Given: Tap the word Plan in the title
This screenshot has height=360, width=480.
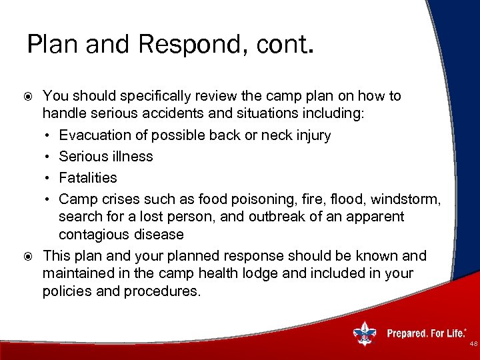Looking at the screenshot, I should [51, 44].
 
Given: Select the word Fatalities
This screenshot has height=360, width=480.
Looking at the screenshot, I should [88, 178].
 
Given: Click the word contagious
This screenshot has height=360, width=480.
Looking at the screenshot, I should [95, 235].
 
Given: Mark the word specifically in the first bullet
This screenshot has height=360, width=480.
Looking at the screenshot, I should [128, 96].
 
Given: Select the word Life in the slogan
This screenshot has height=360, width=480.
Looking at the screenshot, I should [456, 333].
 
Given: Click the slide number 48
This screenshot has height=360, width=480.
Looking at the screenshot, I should [473, 344].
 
